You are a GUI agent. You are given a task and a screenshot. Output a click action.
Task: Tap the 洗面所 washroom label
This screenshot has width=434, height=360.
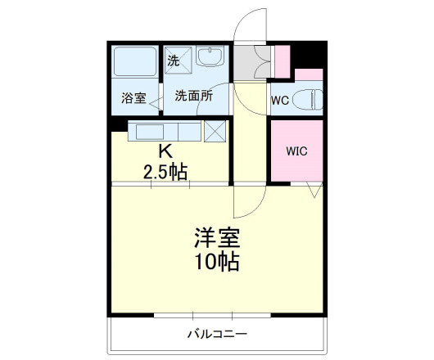tap(194, 96)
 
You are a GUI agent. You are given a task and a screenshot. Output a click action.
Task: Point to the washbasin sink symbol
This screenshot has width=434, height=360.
tap(210, 59)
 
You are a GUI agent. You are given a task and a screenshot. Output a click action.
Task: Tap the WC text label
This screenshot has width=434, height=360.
tap(278, 101)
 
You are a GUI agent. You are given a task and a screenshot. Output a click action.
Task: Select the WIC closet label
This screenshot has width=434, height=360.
tap(296, 151)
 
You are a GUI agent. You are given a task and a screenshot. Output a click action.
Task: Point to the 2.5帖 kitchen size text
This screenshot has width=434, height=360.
tap(165, 172)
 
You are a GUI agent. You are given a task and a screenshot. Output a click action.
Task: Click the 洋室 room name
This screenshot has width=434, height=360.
tap(216, 237)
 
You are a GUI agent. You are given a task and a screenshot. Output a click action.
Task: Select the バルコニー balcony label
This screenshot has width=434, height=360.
tap(217, 333)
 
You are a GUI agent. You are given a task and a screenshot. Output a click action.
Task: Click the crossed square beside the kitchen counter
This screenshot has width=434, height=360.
tap(215, 131)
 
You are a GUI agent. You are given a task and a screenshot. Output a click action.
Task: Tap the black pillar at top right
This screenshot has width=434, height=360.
tap(309, 54)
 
